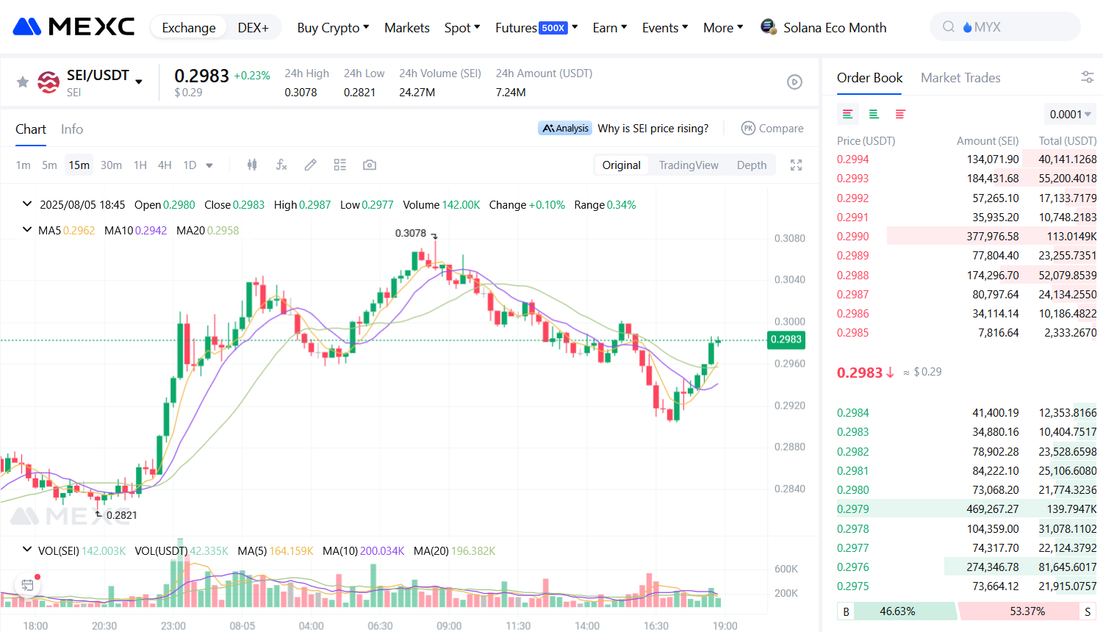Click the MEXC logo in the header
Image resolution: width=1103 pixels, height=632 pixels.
[x=73, y=27]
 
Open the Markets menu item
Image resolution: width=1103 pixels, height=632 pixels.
[x=406, y=28]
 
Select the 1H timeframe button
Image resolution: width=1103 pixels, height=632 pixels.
[x=140, y=165]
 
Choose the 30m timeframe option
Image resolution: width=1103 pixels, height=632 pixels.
[x=111, y=165]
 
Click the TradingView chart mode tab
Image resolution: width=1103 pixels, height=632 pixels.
[x=688, y=165]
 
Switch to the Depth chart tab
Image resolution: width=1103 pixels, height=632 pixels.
[x=751, y=165]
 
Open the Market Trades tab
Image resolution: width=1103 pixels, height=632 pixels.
[x=960, y=78]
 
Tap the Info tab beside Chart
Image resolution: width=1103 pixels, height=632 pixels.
[x=72, y=129]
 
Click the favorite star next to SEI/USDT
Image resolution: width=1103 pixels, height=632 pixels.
[x=23, y=82]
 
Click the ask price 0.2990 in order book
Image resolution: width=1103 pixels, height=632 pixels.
[x=852, y=237]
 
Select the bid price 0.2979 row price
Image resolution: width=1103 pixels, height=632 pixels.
[x=852, y=509]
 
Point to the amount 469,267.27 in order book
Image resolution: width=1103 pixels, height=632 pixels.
[x=992, y=509]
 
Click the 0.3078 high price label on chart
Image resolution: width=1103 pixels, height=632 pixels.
[x=411, y=233]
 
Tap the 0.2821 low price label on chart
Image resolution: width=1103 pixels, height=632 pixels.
[x=122, y=515]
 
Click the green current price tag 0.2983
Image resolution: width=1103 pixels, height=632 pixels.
[x=786, y=340]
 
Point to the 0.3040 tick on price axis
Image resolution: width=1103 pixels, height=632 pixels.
[x=789, y=280]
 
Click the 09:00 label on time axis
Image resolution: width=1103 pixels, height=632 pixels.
[x=449, y=626]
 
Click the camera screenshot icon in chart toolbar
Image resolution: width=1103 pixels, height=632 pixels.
[x=370, y=165]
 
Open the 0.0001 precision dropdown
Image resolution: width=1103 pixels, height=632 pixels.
[x=1069, y=115]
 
